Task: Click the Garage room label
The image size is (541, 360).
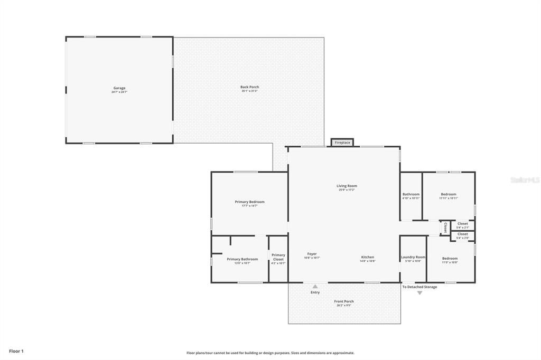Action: pyautogui.click(x=119, y=89)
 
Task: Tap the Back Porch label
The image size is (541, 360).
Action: pyautogui.click(x=249, y=88)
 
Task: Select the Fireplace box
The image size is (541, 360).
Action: pyautogui.click(x=342, y=143)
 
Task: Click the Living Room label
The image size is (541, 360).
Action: pyautogui.click(x=347, y=186)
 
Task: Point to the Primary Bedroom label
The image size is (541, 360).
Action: pyautogui.click(x=249, y=202)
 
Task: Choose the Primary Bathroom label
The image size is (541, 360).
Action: pyautogui.click(x=242, y=260)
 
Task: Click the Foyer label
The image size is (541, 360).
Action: pyautogui.click(x=312, y=254)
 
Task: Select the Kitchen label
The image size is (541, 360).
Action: pyautogui.click(x=367, y=258)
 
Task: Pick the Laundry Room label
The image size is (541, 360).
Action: pyautogui.click(x=413, y=258)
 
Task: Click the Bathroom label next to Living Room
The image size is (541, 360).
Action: pyautogui.click(x=411, y=195)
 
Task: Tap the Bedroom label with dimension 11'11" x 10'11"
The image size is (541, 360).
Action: pyautogui.click(x=448, y=195)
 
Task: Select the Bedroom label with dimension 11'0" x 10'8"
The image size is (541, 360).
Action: pyautogui.click(x=450, y=259)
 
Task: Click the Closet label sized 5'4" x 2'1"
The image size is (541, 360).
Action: pyautogui.click(x=462, y=224)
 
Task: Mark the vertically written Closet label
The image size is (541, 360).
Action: pyautogui.click(x=445, y=228)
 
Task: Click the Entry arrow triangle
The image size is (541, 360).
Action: pyautogui.click(x=315, y=287)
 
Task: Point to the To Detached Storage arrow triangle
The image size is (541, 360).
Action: pyautogui.click(x=420, y=292)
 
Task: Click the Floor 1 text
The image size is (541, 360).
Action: pyautogui.click(x=16, y=351)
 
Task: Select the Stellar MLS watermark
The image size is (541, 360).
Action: pyautogui.click(x=525, y=180)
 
